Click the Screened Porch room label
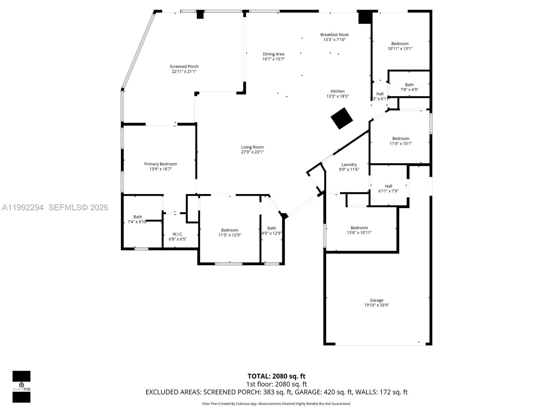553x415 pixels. coord(184,66)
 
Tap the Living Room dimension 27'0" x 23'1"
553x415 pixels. coord(252,152)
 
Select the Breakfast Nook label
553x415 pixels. coord(334,35)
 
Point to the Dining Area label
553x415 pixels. coord(273,54)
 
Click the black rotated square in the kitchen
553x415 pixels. coord(341,118)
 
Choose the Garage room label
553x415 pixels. coord(376,300)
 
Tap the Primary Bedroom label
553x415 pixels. coord(160,164)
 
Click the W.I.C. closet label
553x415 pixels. coord(178,234)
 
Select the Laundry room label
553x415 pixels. coord(349,165)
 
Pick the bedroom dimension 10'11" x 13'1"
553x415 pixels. coord(400,49)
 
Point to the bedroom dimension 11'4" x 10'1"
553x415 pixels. coord(401,144)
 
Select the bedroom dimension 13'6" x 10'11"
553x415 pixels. coord(359,233)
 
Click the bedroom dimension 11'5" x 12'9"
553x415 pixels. coord(229,235)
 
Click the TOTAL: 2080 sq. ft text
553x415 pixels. coord(276,376)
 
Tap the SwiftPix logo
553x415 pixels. coord(21,387)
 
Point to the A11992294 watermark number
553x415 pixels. coord(23,207)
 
